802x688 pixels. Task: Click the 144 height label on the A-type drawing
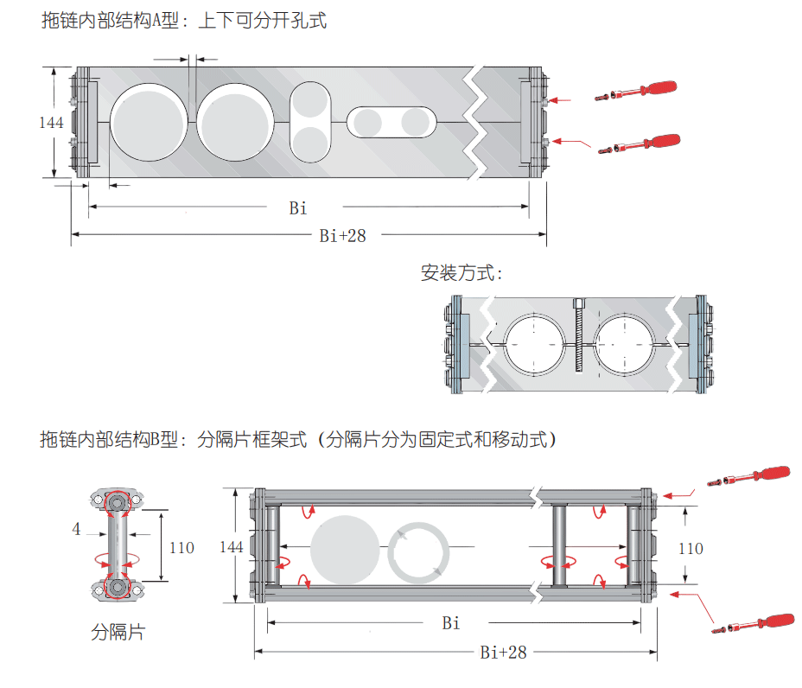(51, 123)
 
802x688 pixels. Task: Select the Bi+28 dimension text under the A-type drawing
(342, 235)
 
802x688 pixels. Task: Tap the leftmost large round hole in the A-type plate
(149, 123)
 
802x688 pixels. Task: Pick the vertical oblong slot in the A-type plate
(310, 121)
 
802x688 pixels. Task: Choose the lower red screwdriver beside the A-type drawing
(640, 143)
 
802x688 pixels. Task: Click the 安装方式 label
(461, 274)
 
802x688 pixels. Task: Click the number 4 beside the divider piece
(76, 528)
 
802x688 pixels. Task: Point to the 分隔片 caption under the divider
(118, 633)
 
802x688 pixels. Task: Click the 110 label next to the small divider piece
(181, 548)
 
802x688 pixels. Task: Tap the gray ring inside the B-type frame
(419, 551)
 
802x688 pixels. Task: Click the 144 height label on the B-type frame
(232, 547)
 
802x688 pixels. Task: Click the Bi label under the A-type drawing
(298, 208)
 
